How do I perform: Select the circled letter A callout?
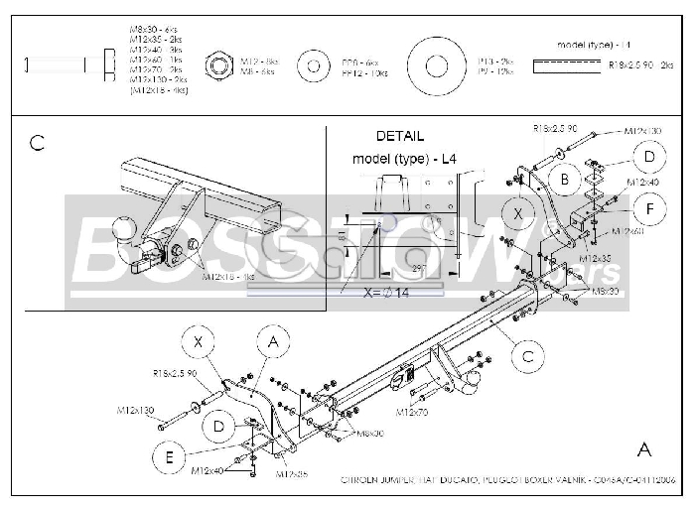pos(272,343)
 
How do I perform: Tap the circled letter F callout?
pos(649,209)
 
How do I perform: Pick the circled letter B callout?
pos(565,179)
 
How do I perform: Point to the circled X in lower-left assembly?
pos(199,342)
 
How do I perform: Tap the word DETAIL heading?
pos(399,136)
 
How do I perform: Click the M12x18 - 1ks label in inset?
pos(228,277)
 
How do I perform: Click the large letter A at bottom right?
pos(644,449)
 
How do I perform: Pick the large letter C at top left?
pos(37,143)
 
